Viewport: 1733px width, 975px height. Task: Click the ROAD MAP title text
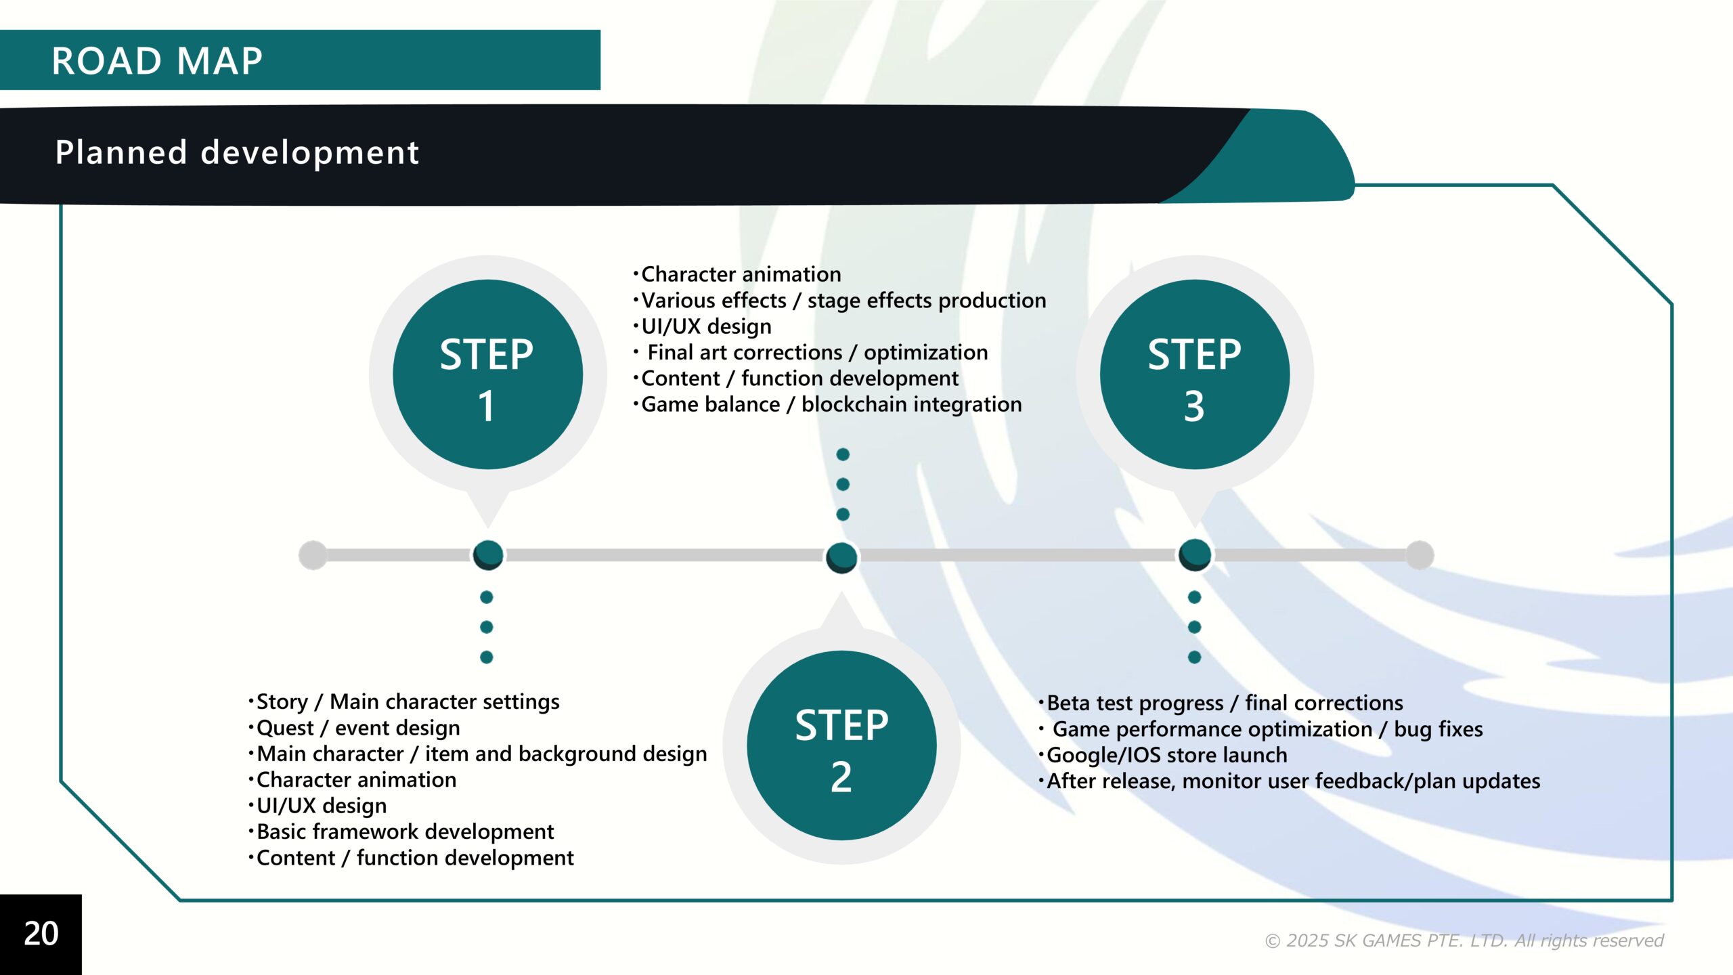pyautogui.click(x=157, y=61)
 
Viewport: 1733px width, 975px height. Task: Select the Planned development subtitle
pyautogui.click(x=237, y=152)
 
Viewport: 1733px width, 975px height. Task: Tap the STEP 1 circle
pyautogui.click(x=487, y=374)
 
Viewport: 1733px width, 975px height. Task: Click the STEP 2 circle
pyautogui.click(x=841, y=745)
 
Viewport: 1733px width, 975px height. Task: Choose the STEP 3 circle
pyautogui.click(x=1195, y=374)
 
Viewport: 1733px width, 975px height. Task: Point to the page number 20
pyautogui.click(x=41, y=934)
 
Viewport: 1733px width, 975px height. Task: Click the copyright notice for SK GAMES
pyautogui.click(x=1464, y=940)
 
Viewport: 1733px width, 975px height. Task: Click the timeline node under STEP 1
pyautogui.click(x=488, y=555)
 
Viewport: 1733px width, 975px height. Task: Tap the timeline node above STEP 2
pyautogui.click(x=841, y=557)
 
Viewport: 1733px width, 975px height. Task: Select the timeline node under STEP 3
pyautogui.click(x=1195, y=555)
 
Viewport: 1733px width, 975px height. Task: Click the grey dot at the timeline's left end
pyautogui.click(x=313, y=555)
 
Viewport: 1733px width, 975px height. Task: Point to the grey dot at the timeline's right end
pyautogui.click(x=1420, y=555)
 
